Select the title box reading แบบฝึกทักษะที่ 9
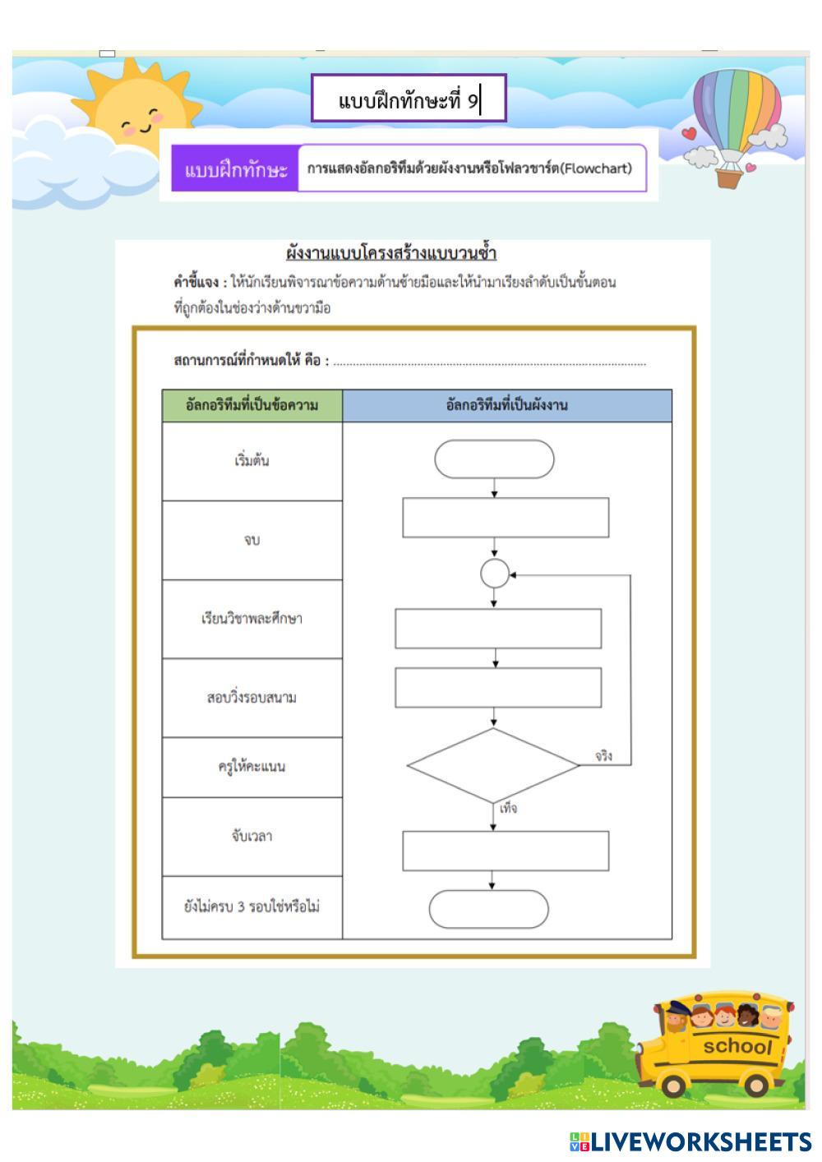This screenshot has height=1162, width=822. [409, 99]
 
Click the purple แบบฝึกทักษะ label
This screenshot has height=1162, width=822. [235, 170]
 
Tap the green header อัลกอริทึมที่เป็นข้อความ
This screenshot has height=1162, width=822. [252, 405]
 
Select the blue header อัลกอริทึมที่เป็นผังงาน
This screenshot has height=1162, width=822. [506, 405]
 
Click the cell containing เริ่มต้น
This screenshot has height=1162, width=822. [252, 461]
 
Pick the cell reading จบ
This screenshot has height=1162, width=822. [252, 540]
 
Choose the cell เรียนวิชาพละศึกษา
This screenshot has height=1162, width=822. [252, 619]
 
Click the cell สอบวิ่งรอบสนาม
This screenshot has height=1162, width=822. [252, 698]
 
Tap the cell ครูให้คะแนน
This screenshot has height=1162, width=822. [252, 767]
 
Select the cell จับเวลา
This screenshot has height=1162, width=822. [252, 837]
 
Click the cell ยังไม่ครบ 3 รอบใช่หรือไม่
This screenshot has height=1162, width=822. [252, 907]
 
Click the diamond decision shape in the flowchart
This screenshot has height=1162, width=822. [493, 765]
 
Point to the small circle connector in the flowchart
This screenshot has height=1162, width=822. [494, 574]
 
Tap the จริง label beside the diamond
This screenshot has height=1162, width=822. [603, 756]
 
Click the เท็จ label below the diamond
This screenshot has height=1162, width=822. [509, 809]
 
